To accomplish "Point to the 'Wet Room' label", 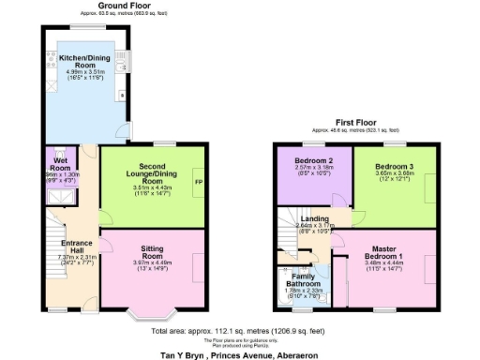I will click(60, 166).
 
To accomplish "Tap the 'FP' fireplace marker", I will click(197, 182).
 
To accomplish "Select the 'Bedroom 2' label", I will click(308, 160).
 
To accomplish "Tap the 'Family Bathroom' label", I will click(299, 278).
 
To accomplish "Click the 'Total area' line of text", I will click(239, 331).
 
